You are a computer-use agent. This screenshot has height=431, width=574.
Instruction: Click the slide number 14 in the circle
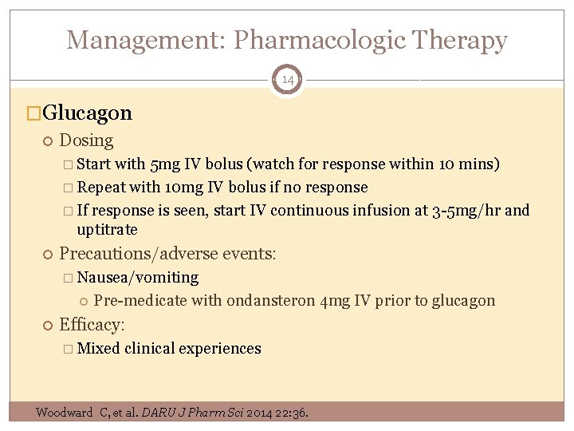(287, 80)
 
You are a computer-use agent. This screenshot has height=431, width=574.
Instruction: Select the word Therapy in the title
(466, 39)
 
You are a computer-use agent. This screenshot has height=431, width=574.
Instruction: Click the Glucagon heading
(87, 113)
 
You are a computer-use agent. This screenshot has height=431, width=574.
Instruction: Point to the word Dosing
(86, 140)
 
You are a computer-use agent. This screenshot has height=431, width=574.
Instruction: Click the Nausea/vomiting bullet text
(138, 278)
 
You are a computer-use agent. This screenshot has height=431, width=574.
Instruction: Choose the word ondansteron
(270, 301)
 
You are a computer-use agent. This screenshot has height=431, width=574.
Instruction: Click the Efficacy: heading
(92, 325)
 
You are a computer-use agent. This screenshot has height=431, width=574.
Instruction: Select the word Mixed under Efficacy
(99, 349)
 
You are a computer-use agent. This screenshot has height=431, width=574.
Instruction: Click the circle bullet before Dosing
(46, 141)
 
